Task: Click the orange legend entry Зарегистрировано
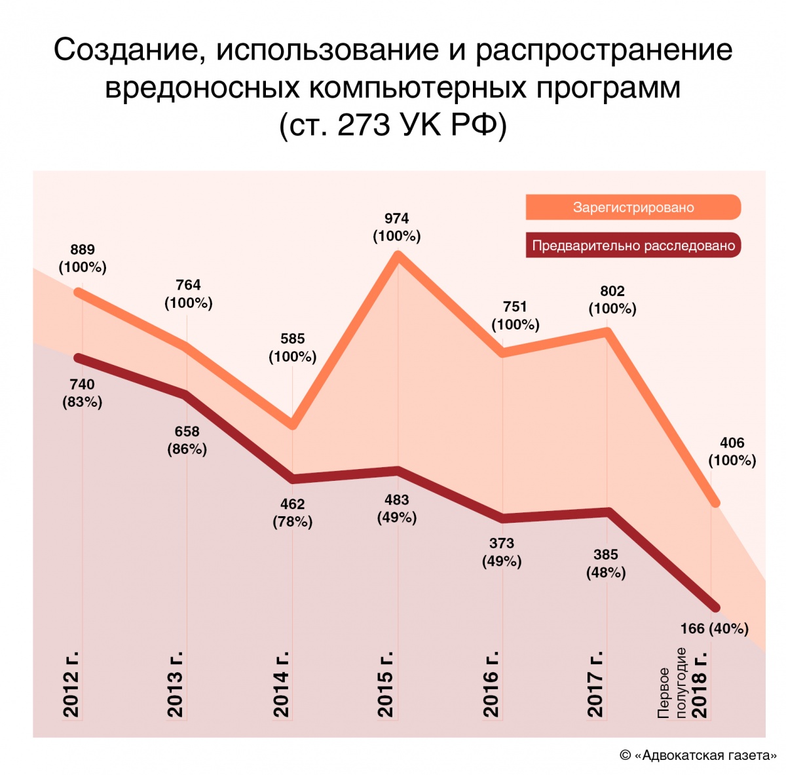[633, 208]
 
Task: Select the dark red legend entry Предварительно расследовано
[633, 246]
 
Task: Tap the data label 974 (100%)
[397, 227]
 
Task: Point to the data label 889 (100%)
[83, 258]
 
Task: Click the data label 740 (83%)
[83, 393]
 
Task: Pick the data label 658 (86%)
[187, 440]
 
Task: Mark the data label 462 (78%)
[292, 513]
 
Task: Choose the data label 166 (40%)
[714, 629]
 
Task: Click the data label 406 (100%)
[732, 451]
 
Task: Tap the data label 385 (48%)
[606, 563]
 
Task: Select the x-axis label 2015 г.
[386, 684]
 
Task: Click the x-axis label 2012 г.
[71, 684]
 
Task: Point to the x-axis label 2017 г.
[595, 684]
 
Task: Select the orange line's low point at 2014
[293, 425]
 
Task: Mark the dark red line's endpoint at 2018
[715, 608]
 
